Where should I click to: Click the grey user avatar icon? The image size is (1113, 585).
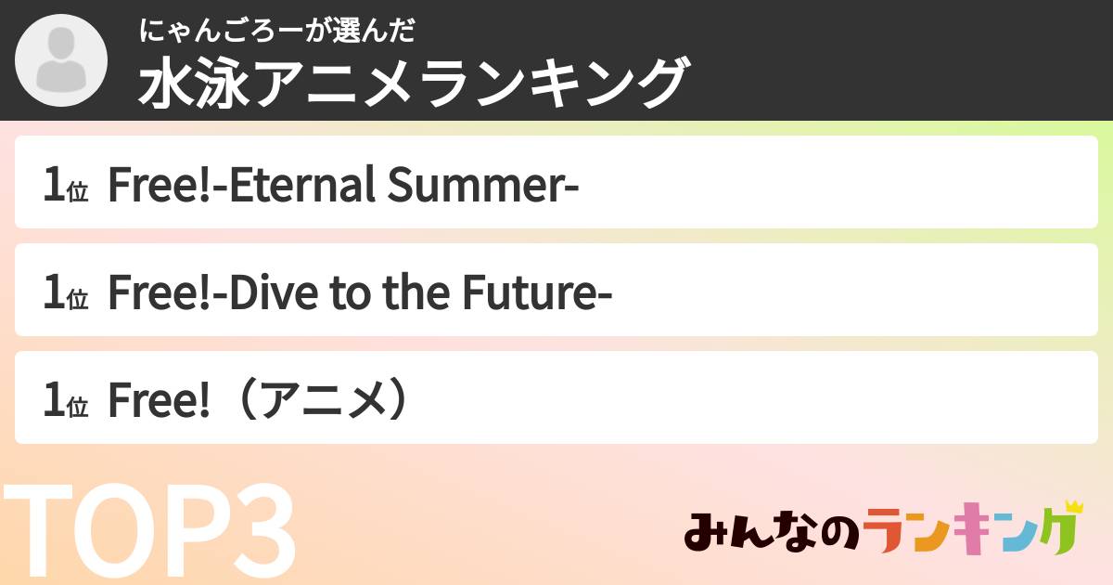(61, 61)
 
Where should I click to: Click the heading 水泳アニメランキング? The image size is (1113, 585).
(413, 83)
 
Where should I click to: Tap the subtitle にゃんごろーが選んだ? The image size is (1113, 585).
(275, 32)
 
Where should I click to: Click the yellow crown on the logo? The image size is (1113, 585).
(1073, 507)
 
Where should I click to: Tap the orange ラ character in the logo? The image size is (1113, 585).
(889, 532)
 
